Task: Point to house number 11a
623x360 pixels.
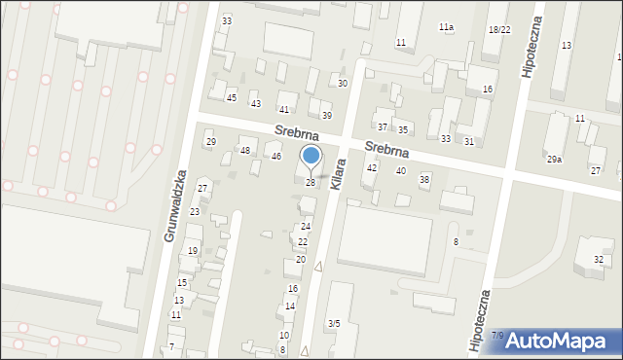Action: point(446,27)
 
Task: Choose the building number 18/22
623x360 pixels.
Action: point(499,30)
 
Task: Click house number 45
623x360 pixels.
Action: point(232,97)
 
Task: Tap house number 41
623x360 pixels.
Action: point(284,110)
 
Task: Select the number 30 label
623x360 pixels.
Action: point(343,84)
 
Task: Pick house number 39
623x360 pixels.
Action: point(327,116)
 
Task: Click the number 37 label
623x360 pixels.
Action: point(383,127)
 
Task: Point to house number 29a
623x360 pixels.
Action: point(554,159)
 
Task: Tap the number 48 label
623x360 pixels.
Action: point(245,150)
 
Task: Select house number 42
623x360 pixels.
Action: point(371,168)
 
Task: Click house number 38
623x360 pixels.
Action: point(424,179)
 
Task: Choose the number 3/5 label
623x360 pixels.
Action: point(334,323)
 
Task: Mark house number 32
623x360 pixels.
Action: point(599,259)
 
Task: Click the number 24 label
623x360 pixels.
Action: point(305,227)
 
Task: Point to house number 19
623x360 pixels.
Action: point(193,251)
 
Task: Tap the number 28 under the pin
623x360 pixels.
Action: point(311,183)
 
